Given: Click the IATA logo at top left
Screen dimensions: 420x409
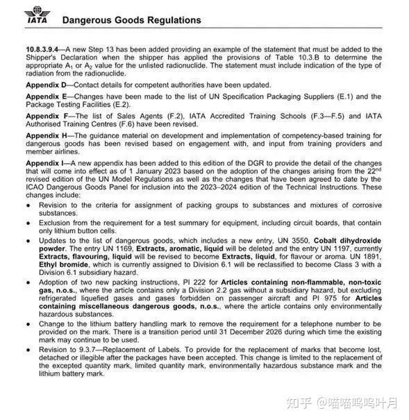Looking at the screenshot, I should pyautogui.click(x=36, y=17).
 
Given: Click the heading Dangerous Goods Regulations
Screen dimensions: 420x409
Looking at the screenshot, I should pyautogui.click(x=132, y=20).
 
